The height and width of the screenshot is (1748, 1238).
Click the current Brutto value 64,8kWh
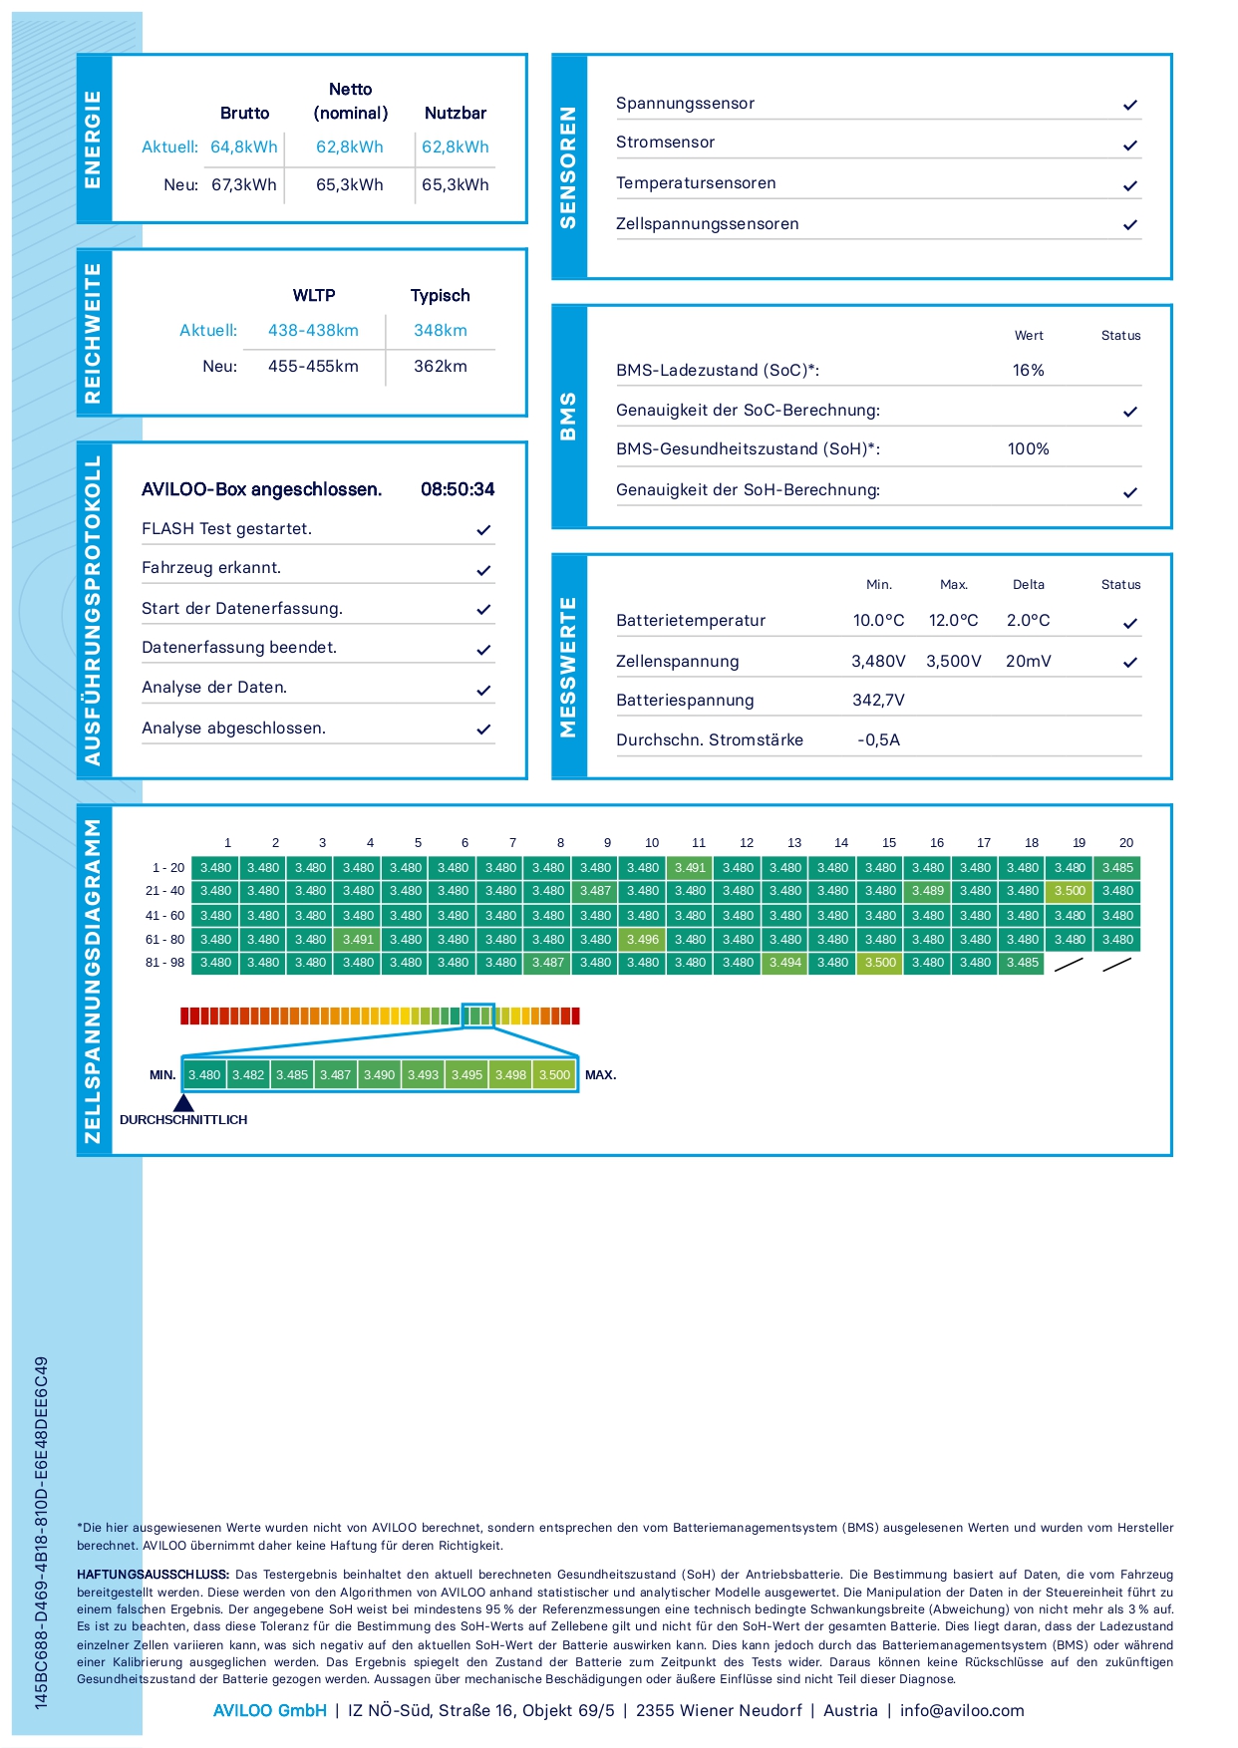click(244, 147)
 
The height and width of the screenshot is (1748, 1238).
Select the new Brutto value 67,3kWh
click(244, 185)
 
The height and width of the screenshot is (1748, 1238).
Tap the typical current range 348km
click(441, 331)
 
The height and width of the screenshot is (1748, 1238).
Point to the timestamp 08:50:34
click(458, 489)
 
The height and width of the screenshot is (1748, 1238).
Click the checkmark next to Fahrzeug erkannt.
click(483, 570)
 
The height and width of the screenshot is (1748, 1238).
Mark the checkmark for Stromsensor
click(1130, 146)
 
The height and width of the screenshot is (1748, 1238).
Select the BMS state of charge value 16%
click(1029, 371)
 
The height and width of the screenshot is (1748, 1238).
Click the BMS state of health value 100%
click(1029, 449)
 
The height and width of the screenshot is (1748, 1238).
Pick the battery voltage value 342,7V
click(878, 701)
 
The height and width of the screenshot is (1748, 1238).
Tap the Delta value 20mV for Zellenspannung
click(1029, 662)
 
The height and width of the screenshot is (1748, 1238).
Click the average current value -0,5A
click(878, 740)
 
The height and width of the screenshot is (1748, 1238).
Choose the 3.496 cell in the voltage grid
click(643, 940)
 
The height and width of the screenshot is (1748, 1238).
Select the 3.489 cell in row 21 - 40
click(927, 891)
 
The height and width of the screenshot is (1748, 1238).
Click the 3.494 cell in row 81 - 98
click(785, 963)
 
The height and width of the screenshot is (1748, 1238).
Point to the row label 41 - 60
click(165, 916)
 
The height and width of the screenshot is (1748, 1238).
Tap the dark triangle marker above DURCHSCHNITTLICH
click(183, 1103)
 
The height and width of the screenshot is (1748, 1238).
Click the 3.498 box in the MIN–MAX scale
click(510, 1075)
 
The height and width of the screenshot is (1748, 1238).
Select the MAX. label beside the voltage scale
click(600, 1075)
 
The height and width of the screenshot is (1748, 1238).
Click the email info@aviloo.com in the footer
click(962, 1711)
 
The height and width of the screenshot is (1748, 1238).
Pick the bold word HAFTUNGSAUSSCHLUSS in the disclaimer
click(153, 1575)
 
